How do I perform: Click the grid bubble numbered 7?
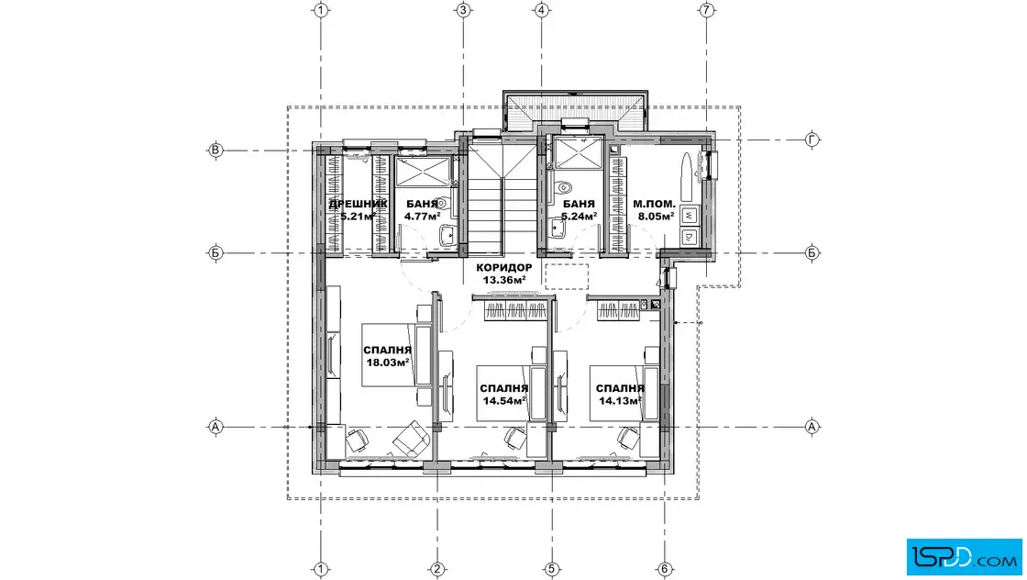coord(706,10)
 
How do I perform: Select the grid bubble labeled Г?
coord(812,139)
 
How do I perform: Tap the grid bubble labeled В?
coord(215,151)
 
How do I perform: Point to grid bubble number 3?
coord(463,10)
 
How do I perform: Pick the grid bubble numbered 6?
coord(664,569)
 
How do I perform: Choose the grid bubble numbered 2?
coord(437,569)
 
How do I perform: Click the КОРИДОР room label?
coord(504,267)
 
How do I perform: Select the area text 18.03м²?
coord(388,362)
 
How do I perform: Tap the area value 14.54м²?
coord(504,400)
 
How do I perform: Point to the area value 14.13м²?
coord(620,400)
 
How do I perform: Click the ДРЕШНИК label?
coord(358,204)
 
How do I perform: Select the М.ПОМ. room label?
coord(655,204)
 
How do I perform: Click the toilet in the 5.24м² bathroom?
coord(563,189)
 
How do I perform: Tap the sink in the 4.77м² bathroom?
coord(449,234)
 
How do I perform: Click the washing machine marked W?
coord(689,215)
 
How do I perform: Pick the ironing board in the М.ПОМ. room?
coord(687,177)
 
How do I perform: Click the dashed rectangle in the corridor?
coord(567,276)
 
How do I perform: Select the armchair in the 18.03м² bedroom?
coord(410,439)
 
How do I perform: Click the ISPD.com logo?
coord(964,557)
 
